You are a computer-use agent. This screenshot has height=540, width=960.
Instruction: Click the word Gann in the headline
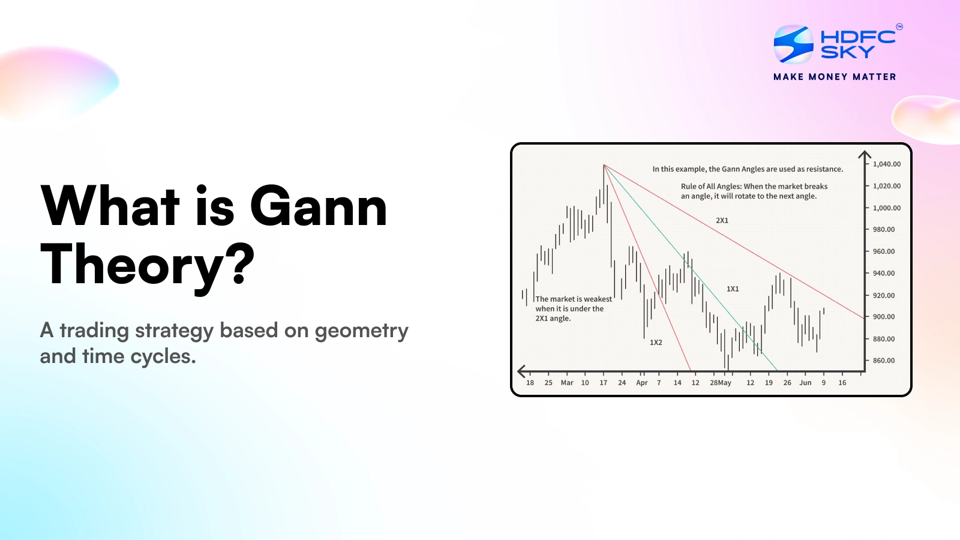click(x=318, y=207)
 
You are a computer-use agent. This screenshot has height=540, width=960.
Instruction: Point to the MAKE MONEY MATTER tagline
click(x=835, y=77)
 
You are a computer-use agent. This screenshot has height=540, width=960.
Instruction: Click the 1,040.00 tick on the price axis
click(x=886, y=164)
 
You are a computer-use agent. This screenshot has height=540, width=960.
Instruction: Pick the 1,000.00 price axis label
click(x=886, y=208)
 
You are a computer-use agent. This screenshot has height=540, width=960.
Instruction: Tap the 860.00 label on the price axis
click(x=883, y=361)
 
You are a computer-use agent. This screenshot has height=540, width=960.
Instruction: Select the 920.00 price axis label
click(x=883, y=295)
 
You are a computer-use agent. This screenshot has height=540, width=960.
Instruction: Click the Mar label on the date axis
click(x=567, y=383)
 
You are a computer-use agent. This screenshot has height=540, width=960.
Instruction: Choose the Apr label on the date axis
click(x=641, y=383)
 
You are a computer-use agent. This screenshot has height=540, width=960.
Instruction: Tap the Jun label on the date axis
click(x=805, y=383)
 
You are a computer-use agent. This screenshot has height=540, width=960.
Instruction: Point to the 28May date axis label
click(x=721, y=383)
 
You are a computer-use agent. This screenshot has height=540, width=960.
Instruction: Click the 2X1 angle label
click(x=722, y=221)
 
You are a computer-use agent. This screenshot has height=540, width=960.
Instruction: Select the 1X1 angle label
click(x=733, y=289)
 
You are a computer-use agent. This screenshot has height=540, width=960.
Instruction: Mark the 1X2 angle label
click(x=656, y=343)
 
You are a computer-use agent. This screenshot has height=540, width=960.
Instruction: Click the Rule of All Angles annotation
click(x=754, y=191)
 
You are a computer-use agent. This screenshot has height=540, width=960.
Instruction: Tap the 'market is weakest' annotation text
click(x=573, y=308)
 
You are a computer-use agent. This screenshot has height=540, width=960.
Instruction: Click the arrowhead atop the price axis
click(x=865, y=156)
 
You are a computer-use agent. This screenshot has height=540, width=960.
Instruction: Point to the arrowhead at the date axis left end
click(x=521, y=371)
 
